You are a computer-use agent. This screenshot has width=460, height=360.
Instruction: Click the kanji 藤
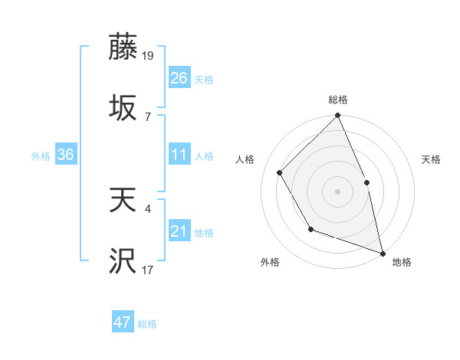(123, 47)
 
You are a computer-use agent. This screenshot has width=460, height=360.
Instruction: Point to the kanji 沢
(123, 261)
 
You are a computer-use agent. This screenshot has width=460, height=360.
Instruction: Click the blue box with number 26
(179, 77)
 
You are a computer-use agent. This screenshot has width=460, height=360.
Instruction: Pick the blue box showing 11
(179, 155)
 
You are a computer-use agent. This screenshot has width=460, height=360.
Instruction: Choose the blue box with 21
(179, 231)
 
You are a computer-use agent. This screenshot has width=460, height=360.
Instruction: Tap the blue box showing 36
(66, 155)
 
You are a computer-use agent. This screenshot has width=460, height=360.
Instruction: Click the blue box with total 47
(123, 322)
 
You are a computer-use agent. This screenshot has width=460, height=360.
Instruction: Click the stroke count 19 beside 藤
(149, 54)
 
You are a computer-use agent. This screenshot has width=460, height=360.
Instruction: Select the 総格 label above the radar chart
(338, 100)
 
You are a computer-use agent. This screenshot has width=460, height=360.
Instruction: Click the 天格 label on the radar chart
(431, 159)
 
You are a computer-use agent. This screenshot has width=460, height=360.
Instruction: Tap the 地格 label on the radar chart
(402, 262)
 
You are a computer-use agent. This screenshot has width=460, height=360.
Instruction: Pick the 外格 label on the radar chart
(270, 262)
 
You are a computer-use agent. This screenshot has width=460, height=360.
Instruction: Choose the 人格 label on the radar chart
(246, 159)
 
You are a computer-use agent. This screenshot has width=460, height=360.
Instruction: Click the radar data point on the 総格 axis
(338, 116)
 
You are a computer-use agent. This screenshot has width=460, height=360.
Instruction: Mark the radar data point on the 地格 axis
(383, 252)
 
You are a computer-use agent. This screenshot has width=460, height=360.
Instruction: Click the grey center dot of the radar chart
(338, 191)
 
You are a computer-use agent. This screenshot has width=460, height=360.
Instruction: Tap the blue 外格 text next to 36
(41, 155)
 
